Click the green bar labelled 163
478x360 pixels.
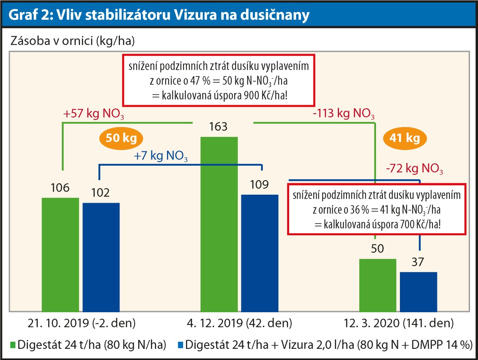[x=219, y=223]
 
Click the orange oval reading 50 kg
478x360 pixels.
[x=122, y=138]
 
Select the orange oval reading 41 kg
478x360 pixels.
[x=405, y=139]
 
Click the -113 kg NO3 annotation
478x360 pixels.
[x=344, y=116]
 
